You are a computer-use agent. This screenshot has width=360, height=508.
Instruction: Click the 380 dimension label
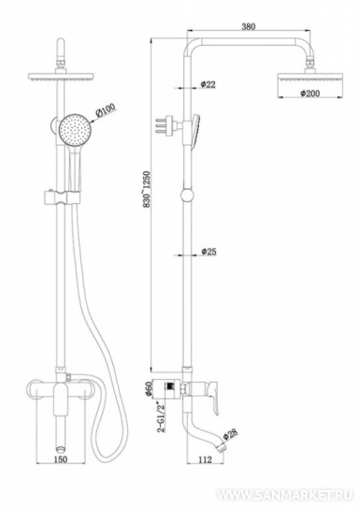click(249, 26)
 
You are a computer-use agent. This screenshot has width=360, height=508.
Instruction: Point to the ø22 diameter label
click(208, 84)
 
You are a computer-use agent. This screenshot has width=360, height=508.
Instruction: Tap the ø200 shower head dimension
click(310, 94)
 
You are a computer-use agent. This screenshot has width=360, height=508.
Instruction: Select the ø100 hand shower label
click(105, 110)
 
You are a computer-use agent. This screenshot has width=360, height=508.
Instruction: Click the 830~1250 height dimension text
click(147, 190)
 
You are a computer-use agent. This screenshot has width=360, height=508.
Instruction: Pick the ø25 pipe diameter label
click(209, 252)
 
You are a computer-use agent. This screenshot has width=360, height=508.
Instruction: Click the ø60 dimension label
click(149, 388)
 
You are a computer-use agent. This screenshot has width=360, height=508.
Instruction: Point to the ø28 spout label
click(231, 434)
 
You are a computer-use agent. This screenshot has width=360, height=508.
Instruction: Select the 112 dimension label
click(205, 459)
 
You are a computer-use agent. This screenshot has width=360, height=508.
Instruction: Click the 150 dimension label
click(60, 459)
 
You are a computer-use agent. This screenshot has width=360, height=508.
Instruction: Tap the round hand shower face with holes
click(75, 130)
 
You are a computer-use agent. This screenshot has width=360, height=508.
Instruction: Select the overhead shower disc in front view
click(61, 77)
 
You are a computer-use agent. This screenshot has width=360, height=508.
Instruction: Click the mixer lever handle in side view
click(211, 397)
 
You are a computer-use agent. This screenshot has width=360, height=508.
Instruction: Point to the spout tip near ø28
click(222, 447)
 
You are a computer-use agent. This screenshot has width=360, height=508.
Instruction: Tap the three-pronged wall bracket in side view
click(166, 124)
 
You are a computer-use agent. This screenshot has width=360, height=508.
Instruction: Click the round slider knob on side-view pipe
click(187, 196)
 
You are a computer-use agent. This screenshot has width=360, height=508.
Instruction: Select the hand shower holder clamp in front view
click(61, 198)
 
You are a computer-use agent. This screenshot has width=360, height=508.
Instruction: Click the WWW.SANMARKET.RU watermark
click(284, 495)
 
